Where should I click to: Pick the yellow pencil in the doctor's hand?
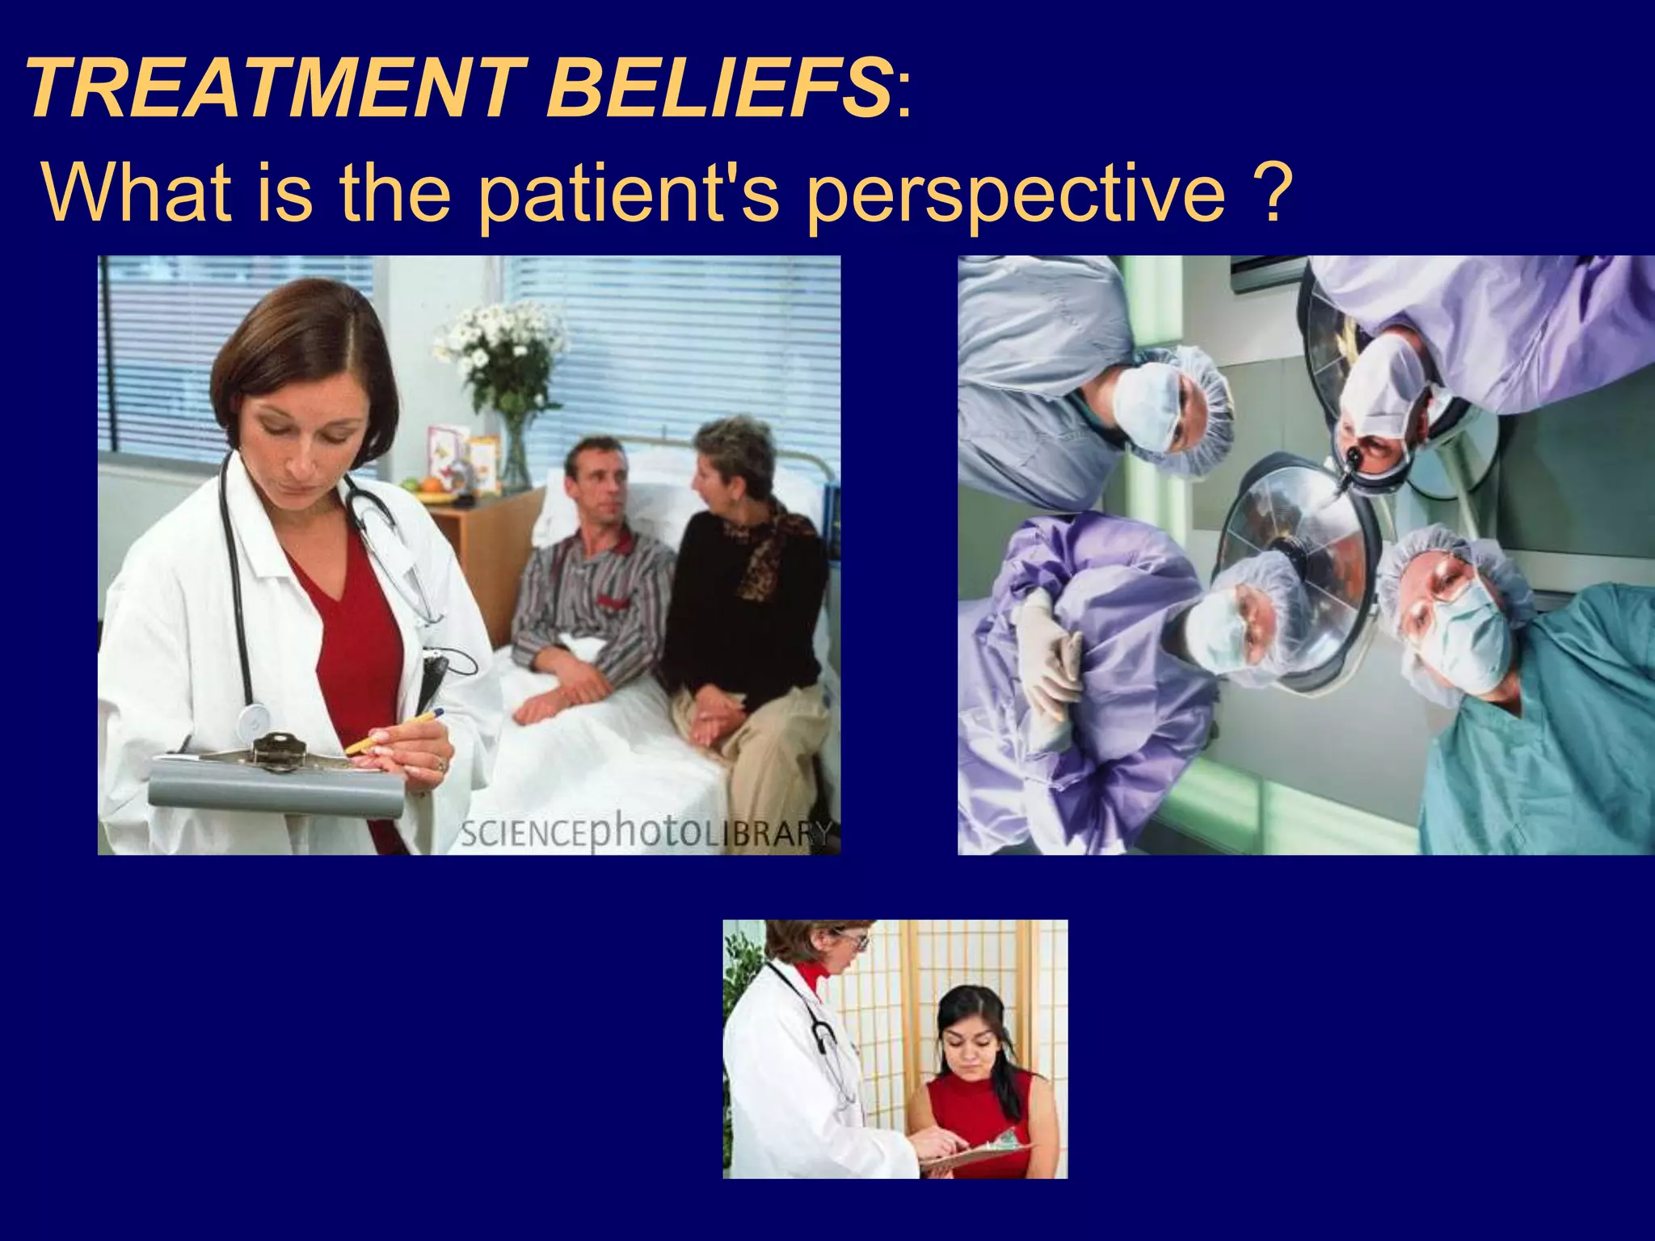coord(396,730)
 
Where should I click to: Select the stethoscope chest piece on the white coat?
coord(254,718)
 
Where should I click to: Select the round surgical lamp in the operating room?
coord(1293,566)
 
